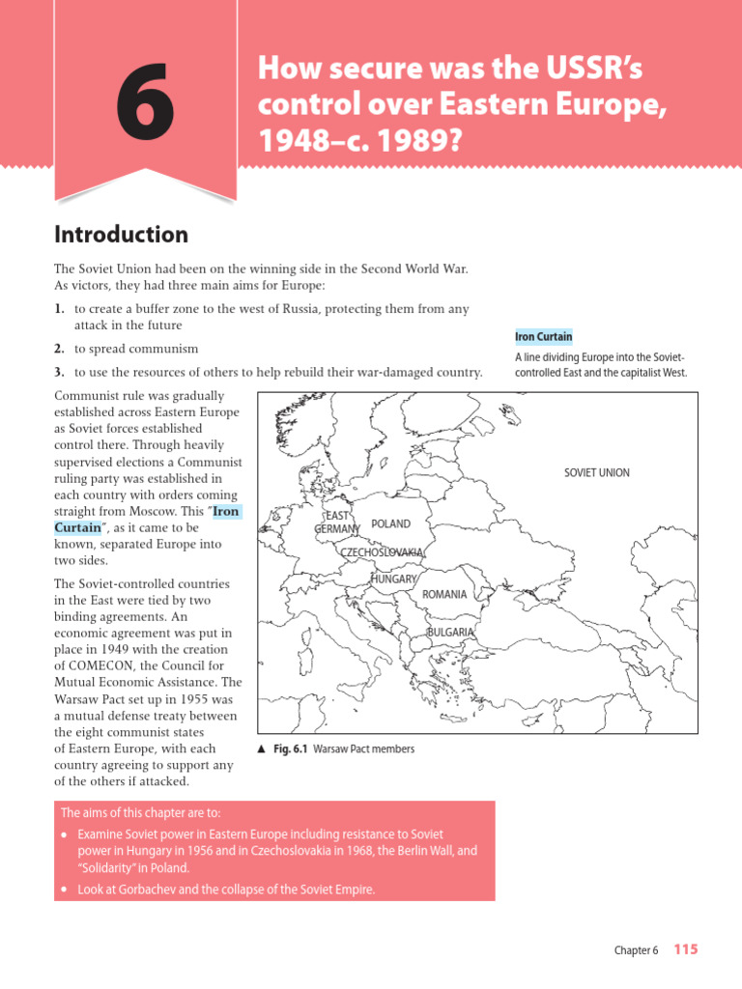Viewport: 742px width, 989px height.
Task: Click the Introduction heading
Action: [121, 235]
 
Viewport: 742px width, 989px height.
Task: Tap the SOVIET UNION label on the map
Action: [596, 473]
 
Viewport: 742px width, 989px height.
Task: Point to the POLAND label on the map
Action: [390, 524]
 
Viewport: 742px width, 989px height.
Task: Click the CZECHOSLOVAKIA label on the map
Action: [381, 552]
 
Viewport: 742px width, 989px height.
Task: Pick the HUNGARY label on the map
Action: [393, 579]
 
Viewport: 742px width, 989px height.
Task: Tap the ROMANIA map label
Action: [444, 595]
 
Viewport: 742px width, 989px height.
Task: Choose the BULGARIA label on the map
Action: [450, 633]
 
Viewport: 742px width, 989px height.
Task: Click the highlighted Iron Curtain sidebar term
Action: [543, 337]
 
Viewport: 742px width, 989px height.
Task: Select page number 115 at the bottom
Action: [685, 949]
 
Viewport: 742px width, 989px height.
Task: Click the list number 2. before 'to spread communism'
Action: [59, 349]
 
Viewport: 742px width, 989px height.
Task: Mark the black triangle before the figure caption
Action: [262, 749]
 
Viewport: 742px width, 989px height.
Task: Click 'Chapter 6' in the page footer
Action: [636, 950]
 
